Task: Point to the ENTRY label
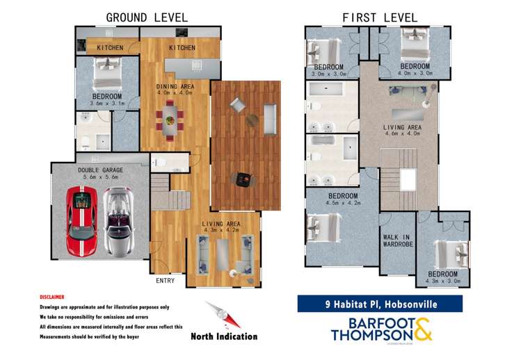coord(166,281)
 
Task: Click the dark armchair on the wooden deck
coord(243,180)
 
